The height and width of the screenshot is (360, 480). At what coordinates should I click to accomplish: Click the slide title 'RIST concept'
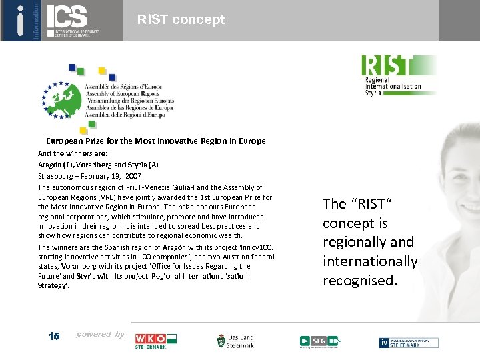pyautogui.click(x=181, y=20)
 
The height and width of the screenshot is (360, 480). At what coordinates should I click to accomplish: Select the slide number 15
pyautogui.click(x=54, y=336)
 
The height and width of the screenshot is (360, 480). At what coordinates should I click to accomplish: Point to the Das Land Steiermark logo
pyautogui.click(x=235, y=341)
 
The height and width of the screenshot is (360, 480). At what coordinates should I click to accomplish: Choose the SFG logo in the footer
pyautogui.click(x=320, y=341)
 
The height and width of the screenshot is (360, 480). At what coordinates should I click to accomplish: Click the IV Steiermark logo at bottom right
pyautogui.click(x=409, y=343)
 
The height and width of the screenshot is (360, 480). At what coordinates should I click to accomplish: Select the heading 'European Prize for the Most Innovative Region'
pyautogui.click(x=155, y=141)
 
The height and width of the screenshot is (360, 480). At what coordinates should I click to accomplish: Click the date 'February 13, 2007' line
pyautogui.click(x=89, y=176)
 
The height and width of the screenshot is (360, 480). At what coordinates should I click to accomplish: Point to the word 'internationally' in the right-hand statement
pyautogui.click(x=370, y=261)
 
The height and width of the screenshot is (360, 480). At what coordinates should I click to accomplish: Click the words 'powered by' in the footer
pyautogui.click(x=101, y=334)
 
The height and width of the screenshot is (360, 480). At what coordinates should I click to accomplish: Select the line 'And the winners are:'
pyautogui.click(x=68, y=153)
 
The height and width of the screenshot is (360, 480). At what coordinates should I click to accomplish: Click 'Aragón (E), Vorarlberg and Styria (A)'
pyautogui.click(x=98, y=164)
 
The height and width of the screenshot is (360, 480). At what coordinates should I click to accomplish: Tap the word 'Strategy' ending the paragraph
pyautogui.click(x=53, y=285)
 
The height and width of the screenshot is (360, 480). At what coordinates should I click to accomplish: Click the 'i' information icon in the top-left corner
pyautogui.click(x=21, y=20)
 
